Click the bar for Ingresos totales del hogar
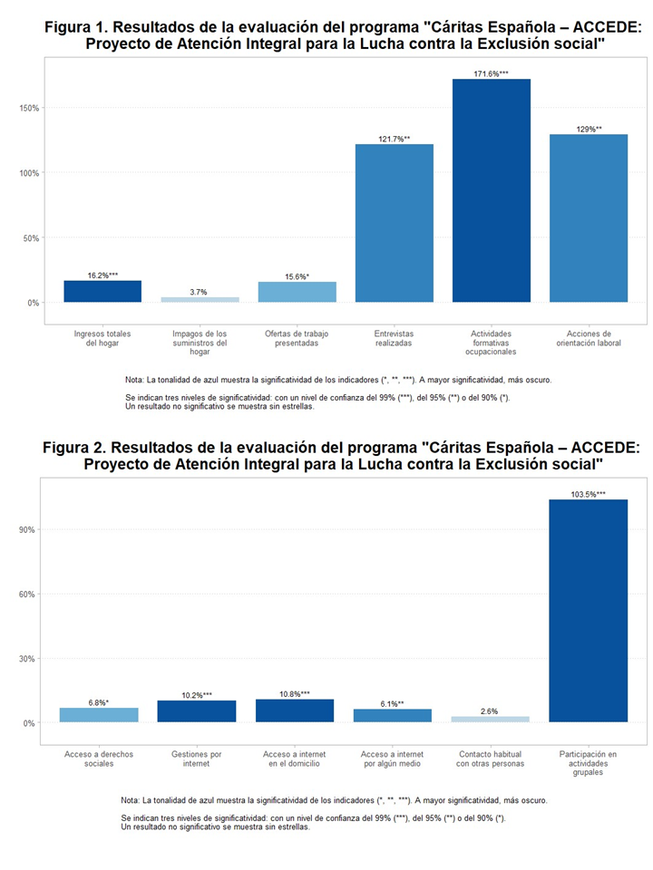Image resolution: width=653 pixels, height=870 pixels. (102, 291)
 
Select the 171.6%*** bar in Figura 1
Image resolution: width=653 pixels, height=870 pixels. (492, 190)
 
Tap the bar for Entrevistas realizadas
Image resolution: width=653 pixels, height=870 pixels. (394, 223)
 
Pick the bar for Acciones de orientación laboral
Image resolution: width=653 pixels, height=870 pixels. (589, 217)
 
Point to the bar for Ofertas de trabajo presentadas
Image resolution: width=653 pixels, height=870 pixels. (297, 292)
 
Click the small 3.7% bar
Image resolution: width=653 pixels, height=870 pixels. (200, 299)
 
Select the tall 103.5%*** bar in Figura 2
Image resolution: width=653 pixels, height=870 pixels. (588, 611)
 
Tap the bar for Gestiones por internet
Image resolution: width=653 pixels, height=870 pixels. (197, 711)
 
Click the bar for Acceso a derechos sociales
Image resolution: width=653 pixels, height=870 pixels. (99, 715)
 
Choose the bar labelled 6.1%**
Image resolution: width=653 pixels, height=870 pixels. (393, 716)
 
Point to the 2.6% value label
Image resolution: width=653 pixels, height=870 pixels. (491, 711)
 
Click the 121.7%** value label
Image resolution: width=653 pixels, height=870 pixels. (394, 139)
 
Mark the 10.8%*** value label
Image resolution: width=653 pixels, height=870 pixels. (295, 694)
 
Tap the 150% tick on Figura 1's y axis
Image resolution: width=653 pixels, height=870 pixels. (30, 108)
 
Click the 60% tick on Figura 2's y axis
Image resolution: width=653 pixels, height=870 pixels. (27, 594)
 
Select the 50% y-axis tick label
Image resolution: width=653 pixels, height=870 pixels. (30, 238)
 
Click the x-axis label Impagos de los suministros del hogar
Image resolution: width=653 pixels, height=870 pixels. (200, 343)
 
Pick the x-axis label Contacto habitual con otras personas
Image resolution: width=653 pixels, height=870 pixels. (491, 759)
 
